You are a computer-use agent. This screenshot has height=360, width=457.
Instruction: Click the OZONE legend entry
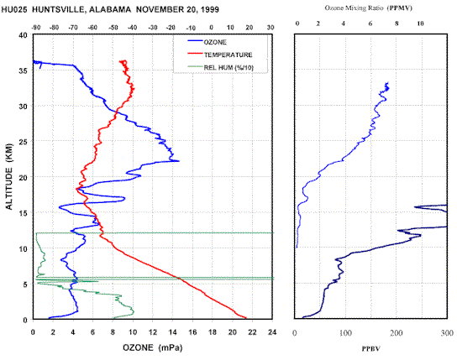[207, 42]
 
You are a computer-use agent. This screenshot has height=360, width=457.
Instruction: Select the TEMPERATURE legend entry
[220, 55]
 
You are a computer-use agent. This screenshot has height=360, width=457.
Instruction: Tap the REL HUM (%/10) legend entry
[221, 67]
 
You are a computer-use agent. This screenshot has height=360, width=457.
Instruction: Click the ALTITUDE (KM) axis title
[9, 176]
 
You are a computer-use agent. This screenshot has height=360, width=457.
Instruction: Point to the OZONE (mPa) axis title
[152, 347]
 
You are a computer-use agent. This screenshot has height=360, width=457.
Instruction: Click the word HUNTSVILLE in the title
[58, 9]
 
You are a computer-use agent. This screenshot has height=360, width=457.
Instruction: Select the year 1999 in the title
[209, 9]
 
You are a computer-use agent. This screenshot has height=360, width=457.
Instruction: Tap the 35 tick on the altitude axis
[24, 70]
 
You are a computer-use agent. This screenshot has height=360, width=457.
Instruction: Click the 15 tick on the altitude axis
[24, 213]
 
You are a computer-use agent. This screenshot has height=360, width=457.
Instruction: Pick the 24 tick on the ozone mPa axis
[272, 332]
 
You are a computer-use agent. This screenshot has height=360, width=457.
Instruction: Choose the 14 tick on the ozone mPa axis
[172, 332]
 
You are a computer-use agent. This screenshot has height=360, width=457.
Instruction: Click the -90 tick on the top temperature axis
[36, 28]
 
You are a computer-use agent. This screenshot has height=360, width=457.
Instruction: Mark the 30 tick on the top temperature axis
[271, 28]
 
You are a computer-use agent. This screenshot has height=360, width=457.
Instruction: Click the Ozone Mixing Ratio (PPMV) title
[369, 8]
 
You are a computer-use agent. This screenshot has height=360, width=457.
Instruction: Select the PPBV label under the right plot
[370, 348]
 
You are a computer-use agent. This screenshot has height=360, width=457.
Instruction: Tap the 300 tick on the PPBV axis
[447, 333]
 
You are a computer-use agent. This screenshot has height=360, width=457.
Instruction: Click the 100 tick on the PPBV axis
[345, 333]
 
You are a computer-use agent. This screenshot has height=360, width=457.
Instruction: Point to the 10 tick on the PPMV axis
[420, 23]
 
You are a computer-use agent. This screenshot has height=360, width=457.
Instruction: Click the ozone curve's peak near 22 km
[179, 161]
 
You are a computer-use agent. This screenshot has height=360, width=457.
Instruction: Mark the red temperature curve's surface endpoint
[246, 318]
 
